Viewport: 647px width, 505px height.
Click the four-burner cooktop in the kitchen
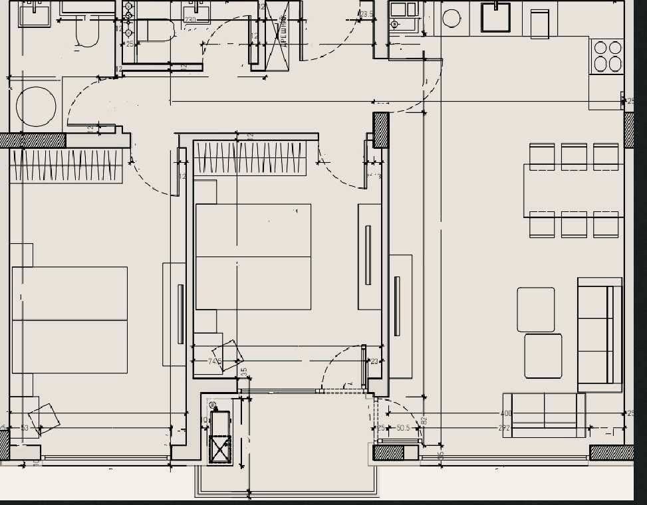608,56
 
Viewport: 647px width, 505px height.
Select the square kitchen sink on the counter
495,18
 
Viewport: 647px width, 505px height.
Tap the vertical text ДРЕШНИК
284,29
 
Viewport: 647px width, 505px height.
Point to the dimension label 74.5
214,361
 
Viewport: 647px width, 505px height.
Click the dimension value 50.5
403,429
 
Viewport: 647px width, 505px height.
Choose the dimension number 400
506,414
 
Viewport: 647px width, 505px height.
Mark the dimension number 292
504,429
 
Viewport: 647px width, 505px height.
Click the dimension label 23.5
366,14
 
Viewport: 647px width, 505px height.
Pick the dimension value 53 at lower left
25,428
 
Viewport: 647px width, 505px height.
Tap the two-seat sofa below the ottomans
545,415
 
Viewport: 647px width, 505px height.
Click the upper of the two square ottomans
536,309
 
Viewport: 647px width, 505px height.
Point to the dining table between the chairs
573,191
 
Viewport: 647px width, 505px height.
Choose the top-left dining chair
542,157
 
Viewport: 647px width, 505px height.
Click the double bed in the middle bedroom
253,256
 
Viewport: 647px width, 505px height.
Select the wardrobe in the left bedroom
66,165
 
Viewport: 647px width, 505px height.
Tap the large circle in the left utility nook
36,106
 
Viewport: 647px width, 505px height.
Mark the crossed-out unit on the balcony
220,449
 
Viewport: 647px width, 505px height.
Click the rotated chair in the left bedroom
44,418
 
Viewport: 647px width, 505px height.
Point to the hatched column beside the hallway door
380,130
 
